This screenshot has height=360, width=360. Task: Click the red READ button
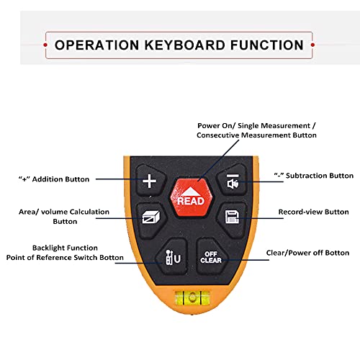(x=192, y=197)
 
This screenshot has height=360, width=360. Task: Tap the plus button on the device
(x=150, y=181)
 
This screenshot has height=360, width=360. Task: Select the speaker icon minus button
(x=233, y=180)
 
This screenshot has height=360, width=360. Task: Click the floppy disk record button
(x=233, y=218)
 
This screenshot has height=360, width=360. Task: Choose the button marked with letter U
(x=172, y=257)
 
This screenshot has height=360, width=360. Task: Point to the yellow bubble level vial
(x=192, y=298)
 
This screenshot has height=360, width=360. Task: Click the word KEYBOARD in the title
(x=184, y=45)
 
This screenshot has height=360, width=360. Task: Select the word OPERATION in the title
(x=96, y=45)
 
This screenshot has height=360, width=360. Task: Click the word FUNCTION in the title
(x=267, y=45)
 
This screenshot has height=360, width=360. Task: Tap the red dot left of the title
(x=45, y=45)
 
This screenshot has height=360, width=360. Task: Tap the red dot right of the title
(x=312, y=45)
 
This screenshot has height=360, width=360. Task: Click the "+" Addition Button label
(x=54, y=179)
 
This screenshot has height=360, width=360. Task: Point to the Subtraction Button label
(x=314, y=176)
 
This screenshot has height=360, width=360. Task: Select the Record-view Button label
(x=313, y=212)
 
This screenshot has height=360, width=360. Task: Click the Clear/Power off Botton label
(x=307, y=253)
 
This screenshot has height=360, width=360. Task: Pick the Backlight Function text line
(x=65, y=248)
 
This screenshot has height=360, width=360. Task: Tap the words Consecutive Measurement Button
(x=256, y=135)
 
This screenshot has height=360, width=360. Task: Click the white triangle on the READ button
(x=191, y=191)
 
